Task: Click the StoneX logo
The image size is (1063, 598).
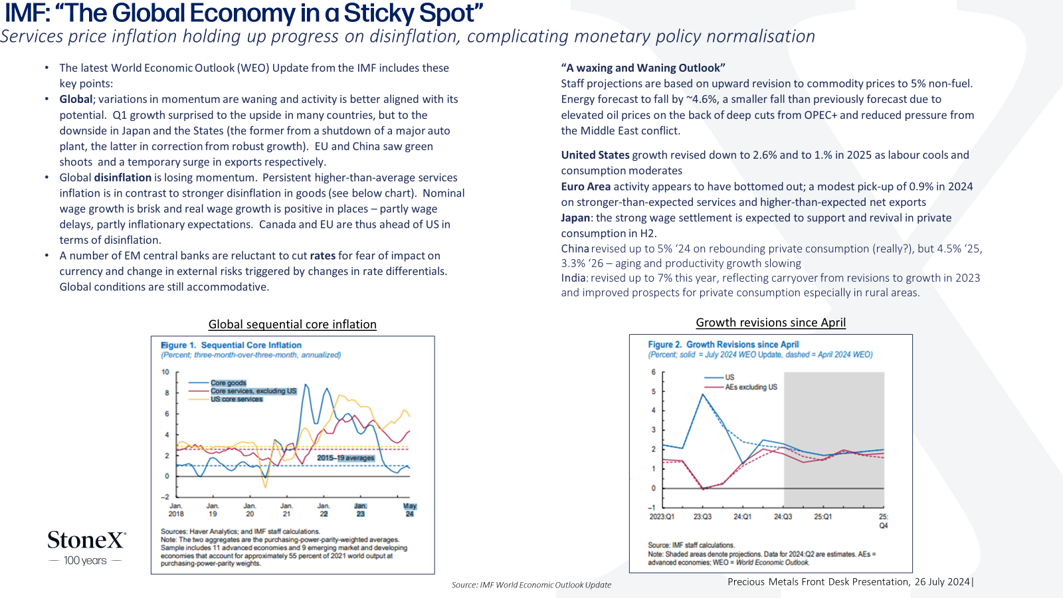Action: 86,548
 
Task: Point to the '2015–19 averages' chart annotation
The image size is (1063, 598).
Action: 345,458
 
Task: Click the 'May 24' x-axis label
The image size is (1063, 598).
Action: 409,510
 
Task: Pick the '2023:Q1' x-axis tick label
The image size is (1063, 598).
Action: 662,516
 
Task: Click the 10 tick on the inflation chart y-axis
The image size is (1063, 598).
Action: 165,372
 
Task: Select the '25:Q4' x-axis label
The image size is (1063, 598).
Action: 883,521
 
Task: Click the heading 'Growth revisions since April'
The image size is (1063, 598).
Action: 771,322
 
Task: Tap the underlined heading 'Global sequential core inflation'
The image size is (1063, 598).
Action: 292,324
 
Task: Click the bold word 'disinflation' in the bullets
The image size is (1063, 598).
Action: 122,177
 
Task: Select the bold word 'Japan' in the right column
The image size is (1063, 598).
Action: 575,218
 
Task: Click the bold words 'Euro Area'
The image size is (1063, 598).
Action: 585,187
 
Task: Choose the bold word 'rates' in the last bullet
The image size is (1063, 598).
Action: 323,256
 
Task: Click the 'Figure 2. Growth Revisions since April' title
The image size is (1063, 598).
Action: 724,345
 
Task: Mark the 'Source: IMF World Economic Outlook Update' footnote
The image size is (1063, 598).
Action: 531,585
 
